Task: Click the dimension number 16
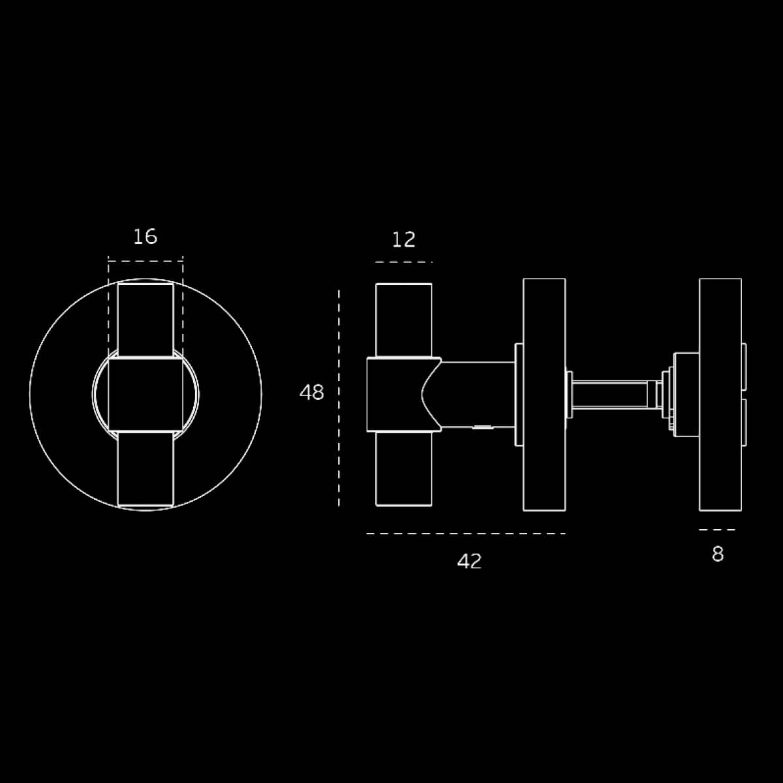click(x=145, y=237)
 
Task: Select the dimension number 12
click(x=403, y=239)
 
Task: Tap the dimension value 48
click(x=312, y=393)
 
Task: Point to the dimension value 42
click(x=469, y=562)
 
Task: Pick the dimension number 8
click(x=718, y=554)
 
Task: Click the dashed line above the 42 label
click(x=466, y=534)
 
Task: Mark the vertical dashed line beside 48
click(x=339, y=398)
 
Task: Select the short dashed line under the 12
click(x=404, y=262)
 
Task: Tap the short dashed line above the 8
click(x=717, y=530)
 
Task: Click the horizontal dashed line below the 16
click(x=146, y=261)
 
